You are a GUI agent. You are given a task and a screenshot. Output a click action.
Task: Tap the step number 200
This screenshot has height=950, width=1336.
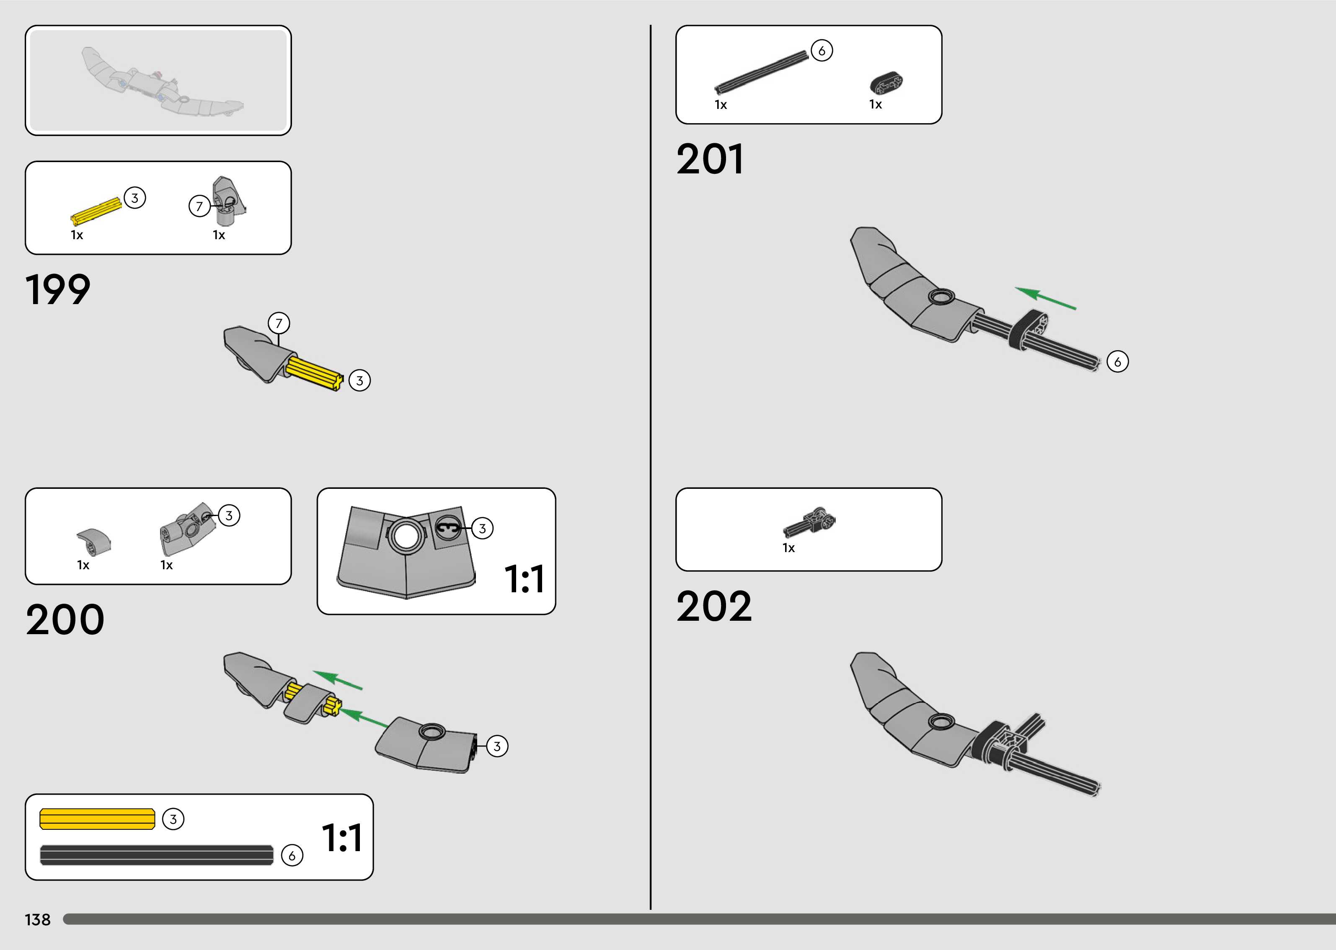click(x=65, y=620)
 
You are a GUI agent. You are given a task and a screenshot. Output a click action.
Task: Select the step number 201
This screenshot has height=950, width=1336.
click(x=710, y=159)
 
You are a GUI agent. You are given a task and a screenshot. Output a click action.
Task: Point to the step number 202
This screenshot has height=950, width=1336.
click(x=713, y=606)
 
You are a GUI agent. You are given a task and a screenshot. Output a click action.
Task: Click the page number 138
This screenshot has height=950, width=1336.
click(x=37, y=919)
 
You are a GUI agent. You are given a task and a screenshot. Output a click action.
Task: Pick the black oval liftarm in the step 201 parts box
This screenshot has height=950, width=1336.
click(x=886, y=83)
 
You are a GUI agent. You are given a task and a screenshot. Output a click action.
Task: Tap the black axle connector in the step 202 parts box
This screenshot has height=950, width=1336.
click(x=810, y=522)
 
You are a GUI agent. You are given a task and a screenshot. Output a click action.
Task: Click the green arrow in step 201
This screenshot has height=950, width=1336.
click(x=1045, y=298)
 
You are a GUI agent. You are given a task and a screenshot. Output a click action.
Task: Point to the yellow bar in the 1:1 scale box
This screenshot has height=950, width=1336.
click(x=97, y=819)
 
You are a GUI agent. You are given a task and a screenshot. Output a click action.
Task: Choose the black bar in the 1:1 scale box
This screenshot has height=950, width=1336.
click(x=156, y=855)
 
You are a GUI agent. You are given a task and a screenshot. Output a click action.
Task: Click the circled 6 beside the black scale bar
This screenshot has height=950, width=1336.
click(x=292, y=856)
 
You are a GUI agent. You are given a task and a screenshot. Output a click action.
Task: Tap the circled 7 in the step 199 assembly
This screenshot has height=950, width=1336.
click(x=279, y=323)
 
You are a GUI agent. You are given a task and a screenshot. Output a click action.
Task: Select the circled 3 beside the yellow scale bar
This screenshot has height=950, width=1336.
click(x=173, y=819)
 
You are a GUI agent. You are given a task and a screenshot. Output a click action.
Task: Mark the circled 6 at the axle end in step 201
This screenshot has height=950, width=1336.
click(x=1117, y=361)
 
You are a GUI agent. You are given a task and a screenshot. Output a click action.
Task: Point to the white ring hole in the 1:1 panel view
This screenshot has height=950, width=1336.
click(x=406, y=534)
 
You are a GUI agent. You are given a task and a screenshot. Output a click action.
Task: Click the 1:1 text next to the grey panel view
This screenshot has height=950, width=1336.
click(x=524, y=579)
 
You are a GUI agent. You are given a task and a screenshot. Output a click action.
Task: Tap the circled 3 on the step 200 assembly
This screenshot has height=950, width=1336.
click(x=496, y=746)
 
